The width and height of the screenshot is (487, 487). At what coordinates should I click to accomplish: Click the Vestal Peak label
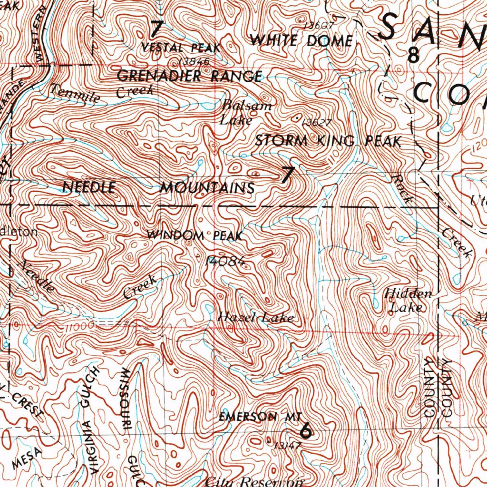(x=181, y=48)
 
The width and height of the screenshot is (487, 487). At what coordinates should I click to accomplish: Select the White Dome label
(x=301, y=41)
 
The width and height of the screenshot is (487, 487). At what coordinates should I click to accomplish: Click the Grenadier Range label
(x=189, y=76)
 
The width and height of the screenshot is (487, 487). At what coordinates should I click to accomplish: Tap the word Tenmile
(x=76, y=93)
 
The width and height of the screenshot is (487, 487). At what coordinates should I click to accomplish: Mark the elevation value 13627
(x=315, y=122)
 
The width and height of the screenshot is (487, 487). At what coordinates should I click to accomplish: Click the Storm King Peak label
(x=328, y=141)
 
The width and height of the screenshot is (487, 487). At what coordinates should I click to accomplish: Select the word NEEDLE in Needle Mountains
(x=89, y=187)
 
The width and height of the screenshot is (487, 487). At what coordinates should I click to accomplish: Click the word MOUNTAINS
(x=207, y=188)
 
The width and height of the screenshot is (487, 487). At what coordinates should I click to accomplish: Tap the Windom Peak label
(x=195, y=235)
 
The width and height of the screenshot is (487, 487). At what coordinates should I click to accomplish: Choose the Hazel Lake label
(x=255, y=318)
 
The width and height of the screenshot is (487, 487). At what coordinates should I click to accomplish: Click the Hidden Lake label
(x=408, y=301)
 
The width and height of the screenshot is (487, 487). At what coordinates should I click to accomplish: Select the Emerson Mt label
(x=260, y=417)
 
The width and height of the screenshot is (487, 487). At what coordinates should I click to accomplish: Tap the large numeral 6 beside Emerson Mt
(x=306, y=430)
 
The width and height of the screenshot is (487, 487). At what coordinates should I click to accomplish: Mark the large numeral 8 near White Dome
(x=414, y=55)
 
